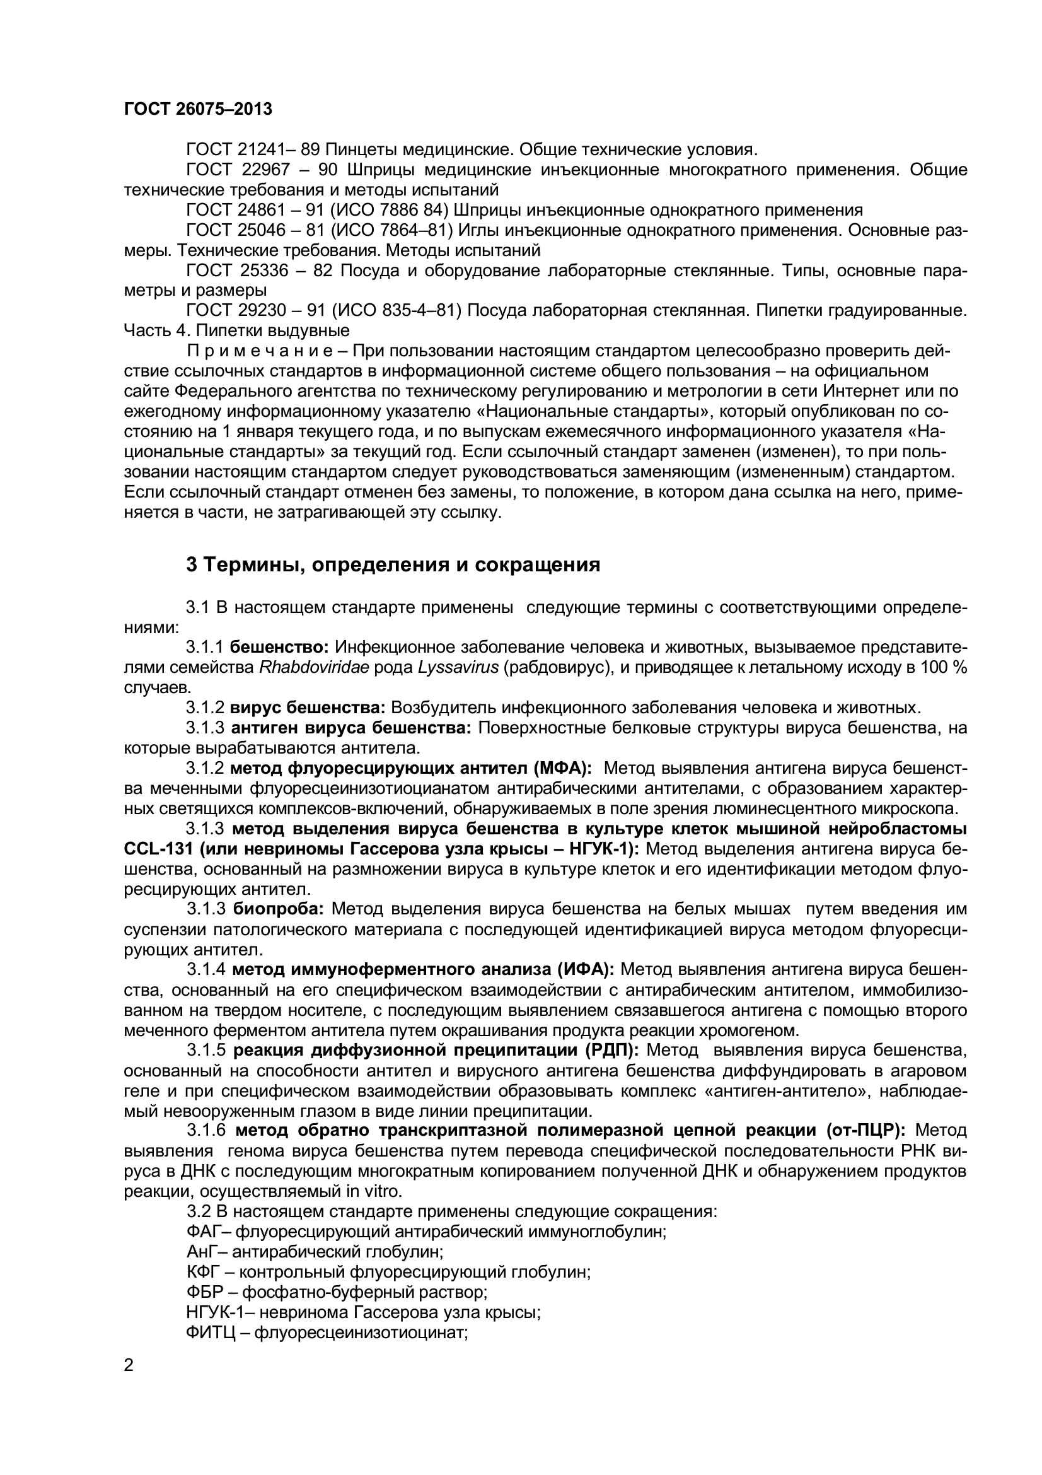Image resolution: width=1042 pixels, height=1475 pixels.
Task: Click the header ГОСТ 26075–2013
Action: tap(198, 109)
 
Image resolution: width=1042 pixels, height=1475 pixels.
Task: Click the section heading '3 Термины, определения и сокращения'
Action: tap(393, 564)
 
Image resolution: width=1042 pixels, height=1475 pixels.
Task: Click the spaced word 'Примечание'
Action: tap(259, 351)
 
